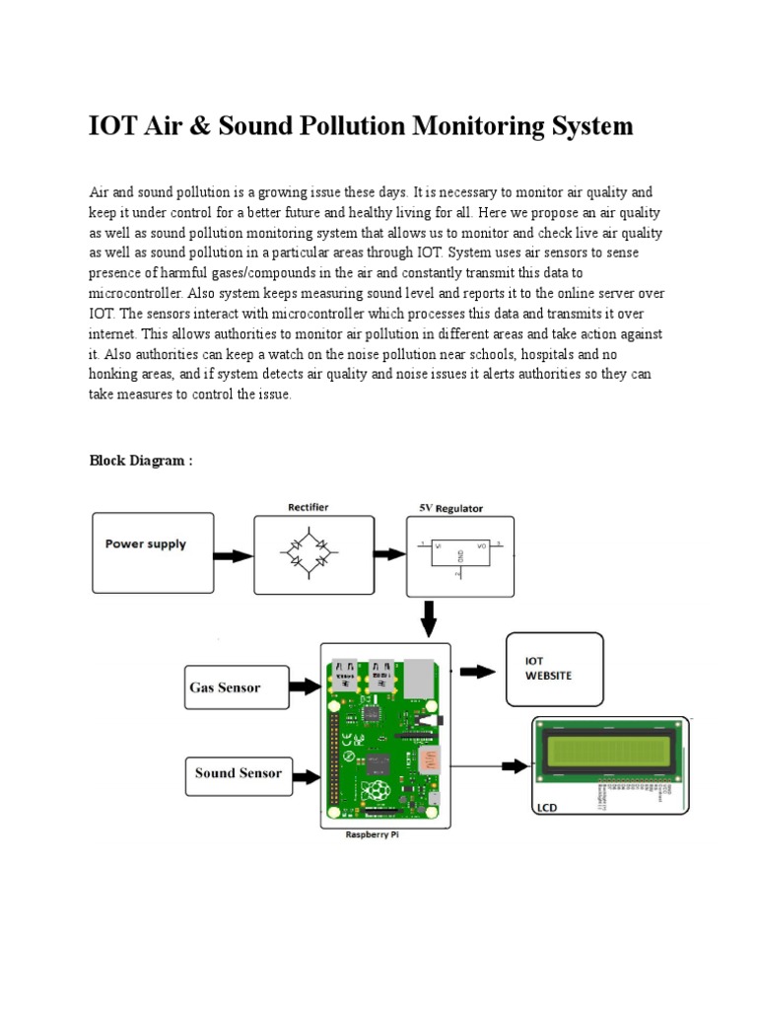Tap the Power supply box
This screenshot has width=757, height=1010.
(153, 550)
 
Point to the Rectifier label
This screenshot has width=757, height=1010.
(308, 507)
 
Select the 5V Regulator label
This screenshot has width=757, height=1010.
(446, 509)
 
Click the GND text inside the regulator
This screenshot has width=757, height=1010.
(459, 556)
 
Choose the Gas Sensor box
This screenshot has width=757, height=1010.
(237, 687)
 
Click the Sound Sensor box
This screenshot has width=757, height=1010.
(238, 774)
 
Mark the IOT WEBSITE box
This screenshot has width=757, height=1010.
(554, 669)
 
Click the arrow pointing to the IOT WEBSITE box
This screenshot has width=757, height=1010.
(479, 672)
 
